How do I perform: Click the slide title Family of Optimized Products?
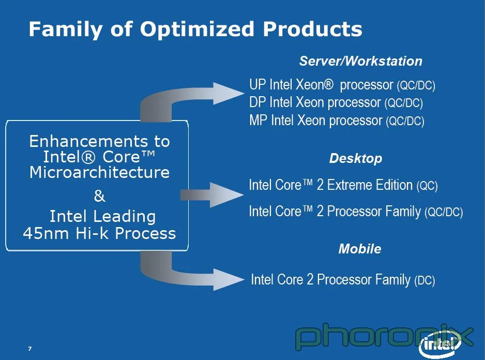click(x=195, y=29)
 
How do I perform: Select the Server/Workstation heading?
click(x=361, y=61)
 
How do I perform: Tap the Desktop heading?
click(x=356, y=158)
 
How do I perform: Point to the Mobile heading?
click(x=360, y=249)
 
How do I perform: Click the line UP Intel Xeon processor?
click(x=342, y=84)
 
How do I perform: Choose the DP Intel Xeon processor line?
click(x=336, y=102)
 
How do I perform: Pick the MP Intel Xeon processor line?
click(x=337, y=121)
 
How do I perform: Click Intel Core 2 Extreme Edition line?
click(x=343, y=185)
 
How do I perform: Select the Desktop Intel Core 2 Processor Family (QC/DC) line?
click(x=356, y=212)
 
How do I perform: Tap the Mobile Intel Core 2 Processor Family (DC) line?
click(x=343, y=279)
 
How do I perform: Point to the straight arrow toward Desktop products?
click(x=211, y=194)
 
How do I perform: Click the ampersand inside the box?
click(x=100, y=196)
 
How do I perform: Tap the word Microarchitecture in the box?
click(x=100, y=172)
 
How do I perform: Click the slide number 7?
click(x=29, y=349)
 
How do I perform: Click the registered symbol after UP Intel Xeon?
click(x=329, y=84)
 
